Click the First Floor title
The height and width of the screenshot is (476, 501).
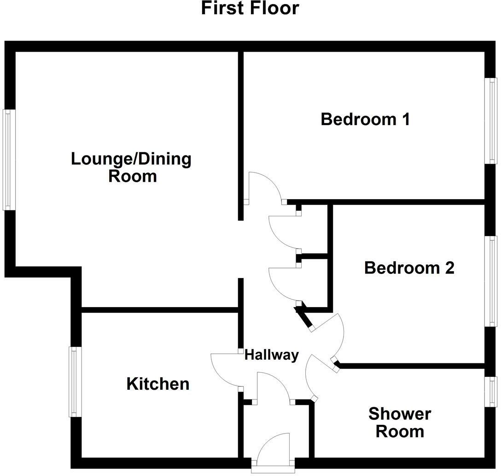coord(250,8)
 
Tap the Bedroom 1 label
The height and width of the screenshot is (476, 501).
coord(365,119)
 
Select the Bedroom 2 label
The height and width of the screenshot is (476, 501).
coord(409,268)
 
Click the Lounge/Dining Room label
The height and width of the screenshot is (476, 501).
coord(131,167)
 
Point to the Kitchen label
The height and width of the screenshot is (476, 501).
coord(158,384)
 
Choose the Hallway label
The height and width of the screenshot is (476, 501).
coord(271,355)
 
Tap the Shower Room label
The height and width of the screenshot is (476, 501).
coord(400,422)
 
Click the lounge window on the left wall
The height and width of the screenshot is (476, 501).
coord(7,160)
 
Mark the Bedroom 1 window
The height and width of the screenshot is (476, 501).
coord(492,120)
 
